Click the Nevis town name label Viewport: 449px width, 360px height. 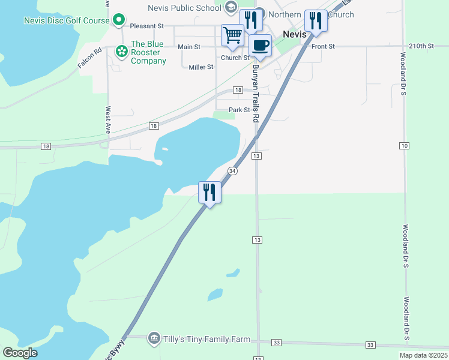[295, 34]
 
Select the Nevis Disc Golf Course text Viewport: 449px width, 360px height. [67, 20]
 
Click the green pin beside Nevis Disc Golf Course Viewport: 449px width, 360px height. [119, 20]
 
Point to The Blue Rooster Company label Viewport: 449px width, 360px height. [148, 52]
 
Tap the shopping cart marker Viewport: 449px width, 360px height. [232, 34]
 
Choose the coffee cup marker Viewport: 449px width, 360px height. [260, 45]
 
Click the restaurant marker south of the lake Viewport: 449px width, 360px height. [209, 192]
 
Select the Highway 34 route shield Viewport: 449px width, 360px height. [233, 171]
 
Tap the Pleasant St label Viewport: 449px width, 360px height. [147, 26]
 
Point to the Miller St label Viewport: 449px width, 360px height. [201, 67]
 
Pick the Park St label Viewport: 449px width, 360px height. [239, 110]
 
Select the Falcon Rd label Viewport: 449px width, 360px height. [89, 59]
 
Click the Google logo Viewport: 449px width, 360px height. [20, 353]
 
